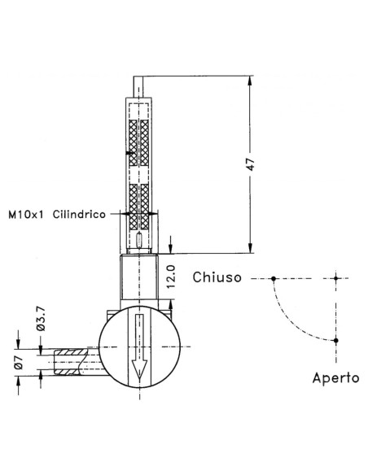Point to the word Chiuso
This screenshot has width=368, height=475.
217,278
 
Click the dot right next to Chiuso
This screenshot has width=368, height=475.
274,279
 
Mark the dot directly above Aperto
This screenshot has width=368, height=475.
335,339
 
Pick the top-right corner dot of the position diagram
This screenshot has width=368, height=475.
335,279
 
